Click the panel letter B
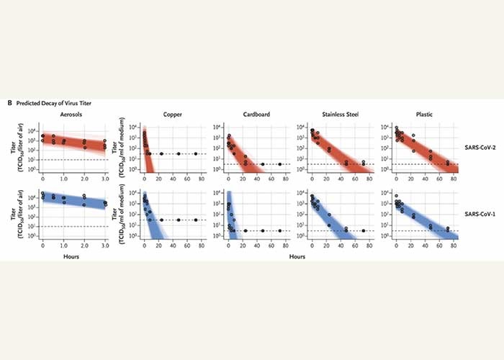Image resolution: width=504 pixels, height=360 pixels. tap(9, 104)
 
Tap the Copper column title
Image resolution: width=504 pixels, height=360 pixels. tap(172, 116)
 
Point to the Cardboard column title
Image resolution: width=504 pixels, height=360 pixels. tap(256, 116)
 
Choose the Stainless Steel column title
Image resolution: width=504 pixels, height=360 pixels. tap(339, 116)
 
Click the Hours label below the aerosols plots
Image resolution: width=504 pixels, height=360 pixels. tap(70, 256)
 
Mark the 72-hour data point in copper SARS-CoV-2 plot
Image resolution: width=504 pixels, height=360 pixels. tap(195, 153)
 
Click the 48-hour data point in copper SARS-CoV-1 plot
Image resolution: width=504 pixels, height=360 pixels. tap(178, 220)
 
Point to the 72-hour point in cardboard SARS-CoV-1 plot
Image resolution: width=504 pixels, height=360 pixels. tap(279, 230)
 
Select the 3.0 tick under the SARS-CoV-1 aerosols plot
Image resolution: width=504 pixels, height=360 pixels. tap(104, 245)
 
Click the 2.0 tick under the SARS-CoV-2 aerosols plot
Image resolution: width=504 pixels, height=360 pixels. tap(84, 178)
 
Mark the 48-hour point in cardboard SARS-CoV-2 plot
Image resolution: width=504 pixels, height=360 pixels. tap(262, 164)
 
